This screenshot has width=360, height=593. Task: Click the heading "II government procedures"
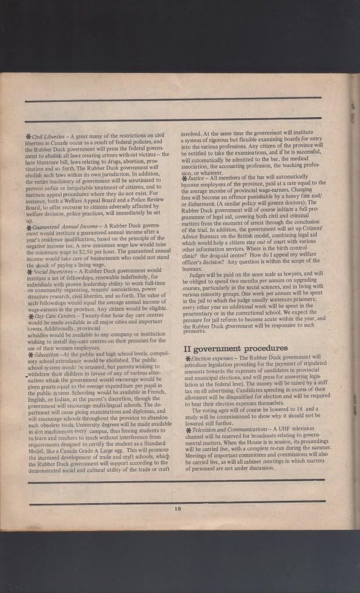[x=235, y=348]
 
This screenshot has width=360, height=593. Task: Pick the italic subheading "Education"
[x=46, y=354]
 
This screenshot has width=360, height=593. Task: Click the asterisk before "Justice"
[x=185, y=177]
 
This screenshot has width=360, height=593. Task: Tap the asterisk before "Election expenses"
[x=188, y=358]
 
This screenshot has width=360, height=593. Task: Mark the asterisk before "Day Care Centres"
[x=28, y=316]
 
